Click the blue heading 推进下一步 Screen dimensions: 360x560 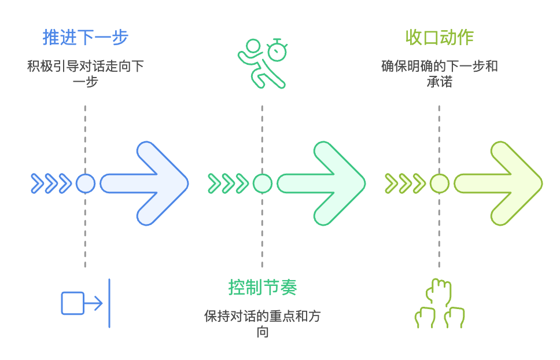coord(85,37)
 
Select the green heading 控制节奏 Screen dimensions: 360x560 coord(263,287)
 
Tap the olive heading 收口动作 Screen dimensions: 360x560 coord(440,37)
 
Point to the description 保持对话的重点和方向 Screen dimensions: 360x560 coord(263,324)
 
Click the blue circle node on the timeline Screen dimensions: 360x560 coord(86,183)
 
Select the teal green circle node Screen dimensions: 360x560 coord(263,183)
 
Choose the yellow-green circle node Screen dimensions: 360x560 coord(440,183)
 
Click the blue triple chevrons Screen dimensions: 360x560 coord(51,183)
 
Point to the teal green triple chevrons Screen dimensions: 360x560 coord(228,183)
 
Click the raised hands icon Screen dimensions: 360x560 coord(440,304)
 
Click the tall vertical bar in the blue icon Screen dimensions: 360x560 coord(109,303)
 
